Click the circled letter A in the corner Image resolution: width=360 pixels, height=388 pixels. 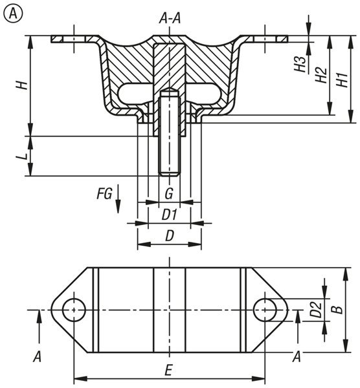13,14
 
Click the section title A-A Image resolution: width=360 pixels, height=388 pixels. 170,19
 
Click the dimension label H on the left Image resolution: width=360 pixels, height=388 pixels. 21,85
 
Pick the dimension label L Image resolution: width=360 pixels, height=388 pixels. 21,156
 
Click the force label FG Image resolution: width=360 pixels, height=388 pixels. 104,193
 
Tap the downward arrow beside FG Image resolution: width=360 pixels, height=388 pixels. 118,199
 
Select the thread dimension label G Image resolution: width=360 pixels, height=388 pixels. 169,193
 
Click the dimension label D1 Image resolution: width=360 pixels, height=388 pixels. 170,215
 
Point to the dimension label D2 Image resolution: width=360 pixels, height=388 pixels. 316,310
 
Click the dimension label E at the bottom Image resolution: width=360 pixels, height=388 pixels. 168,371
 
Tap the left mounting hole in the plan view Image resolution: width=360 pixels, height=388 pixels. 74,310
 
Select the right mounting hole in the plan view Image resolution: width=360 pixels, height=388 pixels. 265,310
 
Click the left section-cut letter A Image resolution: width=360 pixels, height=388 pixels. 38,357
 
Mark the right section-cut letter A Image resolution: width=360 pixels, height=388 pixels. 297,357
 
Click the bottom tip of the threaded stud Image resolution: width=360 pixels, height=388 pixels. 170,176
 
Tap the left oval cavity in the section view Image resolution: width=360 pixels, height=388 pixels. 135,93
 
